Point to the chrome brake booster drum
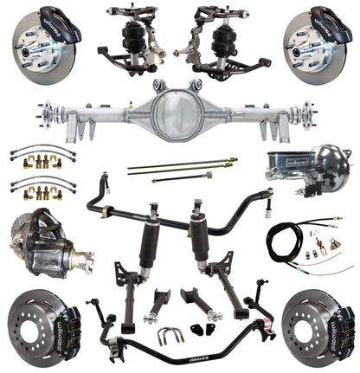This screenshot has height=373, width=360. (325, 172)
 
